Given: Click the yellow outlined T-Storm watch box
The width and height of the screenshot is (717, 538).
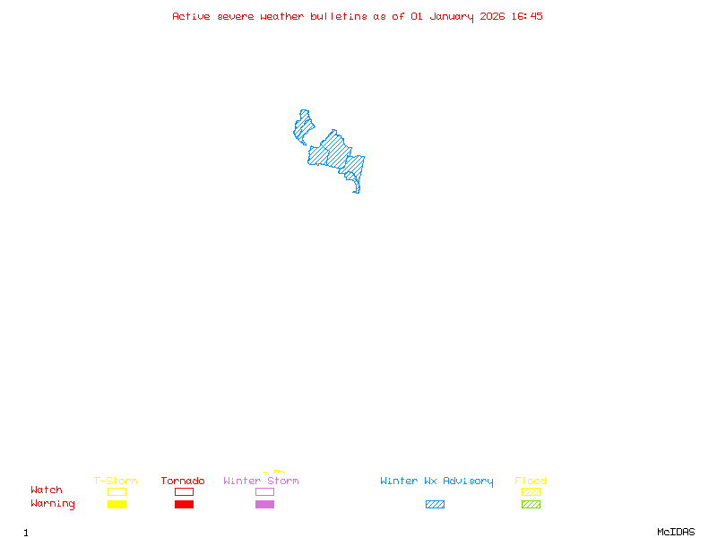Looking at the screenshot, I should pyautogui.click(x=117, y=491).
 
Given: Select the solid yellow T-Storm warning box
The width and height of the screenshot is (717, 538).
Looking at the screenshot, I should pyautogui.click(x=117, y=505).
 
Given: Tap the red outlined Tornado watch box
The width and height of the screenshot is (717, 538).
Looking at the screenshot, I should pyautogui.click(x=184, y=491).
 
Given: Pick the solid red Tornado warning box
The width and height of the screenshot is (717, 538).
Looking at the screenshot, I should pyautogui.click(x=184, y=505).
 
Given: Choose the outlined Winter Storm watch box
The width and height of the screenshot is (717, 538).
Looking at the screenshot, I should pyautogui.click(x=264, y=491).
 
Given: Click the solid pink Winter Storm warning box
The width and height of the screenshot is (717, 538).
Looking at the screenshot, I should pyautogui.click(x=264, y=505).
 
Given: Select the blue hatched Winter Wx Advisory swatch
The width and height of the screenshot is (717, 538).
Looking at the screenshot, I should pyautogui.click(x=435, y=505).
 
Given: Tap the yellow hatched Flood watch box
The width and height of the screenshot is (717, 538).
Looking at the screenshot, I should pyautogui.click(x=531, y=491).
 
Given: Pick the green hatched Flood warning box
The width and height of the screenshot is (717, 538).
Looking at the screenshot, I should pyautogui.click(x=531, y=505).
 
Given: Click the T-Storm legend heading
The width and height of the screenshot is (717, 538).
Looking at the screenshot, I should pyautogui.click(x=116, y=482).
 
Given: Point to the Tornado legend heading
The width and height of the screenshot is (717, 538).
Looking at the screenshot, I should pyautogui.click(x=183, y=482).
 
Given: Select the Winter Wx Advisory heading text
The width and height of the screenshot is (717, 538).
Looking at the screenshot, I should pyautogui.click(x=436, y=482).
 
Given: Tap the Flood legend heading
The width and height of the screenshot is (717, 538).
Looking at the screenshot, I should pyautogui.click(x=531, y=482).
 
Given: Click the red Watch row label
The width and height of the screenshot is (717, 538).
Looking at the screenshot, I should pyautogui.click(x=47, y=490).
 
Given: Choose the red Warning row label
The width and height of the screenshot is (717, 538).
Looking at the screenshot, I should pyautogui.click(x=53, y=504).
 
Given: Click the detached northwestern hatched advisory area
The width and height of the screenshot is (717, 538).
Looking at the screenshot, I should pyautogui.click(x=303, y=127).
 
